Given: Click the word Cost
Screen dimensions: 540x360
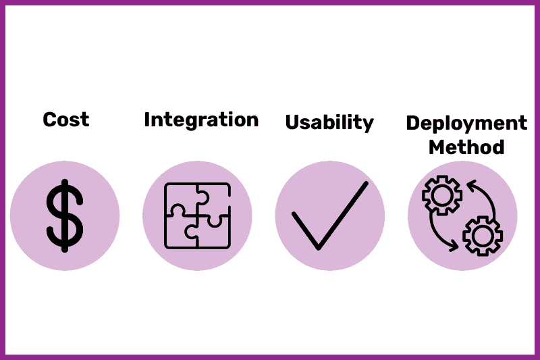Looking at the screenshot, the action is [x=66, y=120].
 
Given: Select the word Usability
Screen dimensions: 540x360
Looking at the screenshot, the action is [x=329, y=123].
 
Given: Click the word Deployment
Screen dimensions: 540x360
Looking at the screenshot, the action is [x=466, y=124].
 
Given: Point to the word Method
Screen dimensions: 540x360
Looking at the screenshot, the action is [x=466, y=147].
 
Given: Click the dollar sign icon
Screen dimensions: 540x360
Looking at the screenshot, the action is [x=65, y=215].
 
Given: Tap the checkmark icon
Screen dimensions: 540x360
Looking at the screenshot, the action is [x=330, y=215].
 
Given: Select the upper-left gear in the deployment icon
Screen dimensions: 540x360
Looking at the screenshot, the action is [x=442, y=195].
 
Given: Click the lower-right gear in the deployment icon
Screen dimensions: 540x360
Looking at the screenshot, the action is [x=483, y=236].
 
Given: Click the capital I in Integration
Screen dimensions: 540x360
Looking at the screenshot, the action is [x=147, y=120].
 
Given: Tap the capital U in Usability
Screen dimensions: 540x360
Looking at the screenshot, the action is [x=292, y=122].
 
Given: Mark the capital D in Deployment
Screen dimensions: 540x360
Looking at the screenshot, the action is [x=413, y=123].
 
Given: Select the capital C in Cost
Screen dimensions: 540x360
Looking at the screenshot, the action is [x=50, y=120].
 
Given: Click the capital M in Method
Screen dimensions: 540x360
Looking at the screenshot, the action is [x=437, y=147].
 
